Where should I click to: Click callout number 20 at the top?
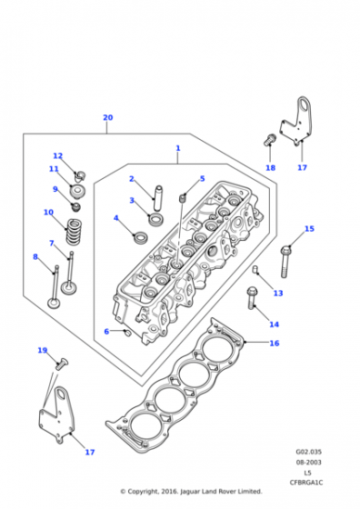pos(107,118)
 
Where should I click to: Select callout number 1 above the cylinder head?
pos(178,148)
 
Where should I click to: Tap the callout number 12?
pos(57,155)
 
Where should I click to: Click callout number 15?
pos(309,228)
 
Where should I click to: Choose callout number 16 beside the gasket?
pos(274,343)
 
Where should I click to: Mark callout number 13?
pos(278,293)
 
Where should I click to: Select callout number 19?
pos(42,350)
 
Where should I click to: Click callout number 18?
pos(270,168)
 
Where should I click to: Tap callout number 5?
pos(202,179)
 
